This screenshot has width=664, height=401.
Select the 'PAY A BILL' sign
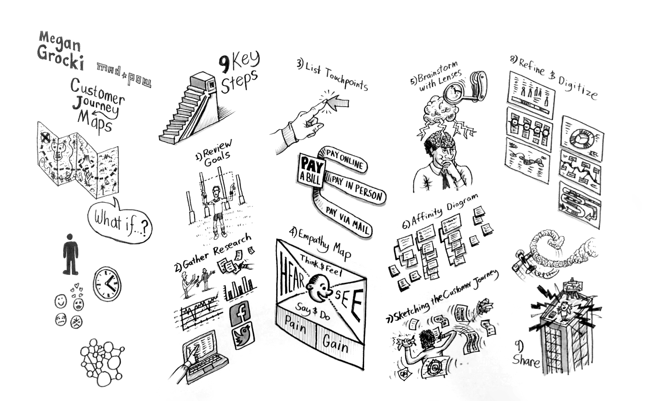click(311, 171)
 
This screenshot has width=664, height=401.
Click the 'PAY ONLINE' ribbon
click(345, 159)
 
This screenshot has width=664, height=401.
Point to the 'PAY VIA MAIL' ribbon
click(347, 220)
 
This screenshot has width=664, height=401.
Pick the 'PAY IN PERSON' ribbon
click(356, 187)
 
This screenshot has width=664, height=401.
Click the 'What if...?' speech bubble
click(119, 221)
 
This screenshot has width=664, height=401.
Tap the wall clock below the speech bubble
click(107, 284)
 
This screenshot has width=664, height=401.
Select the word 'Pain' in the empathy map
click(295, 326)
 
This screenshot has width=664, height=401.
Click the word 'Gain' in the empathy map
click(335, 344)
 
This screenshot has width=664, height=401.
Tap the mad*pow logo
click(124, 74)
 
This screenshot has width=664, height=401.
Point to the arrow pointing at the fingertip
click(338, 102)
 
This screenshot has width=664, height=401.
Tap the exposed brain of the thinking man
click(441, 138)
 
